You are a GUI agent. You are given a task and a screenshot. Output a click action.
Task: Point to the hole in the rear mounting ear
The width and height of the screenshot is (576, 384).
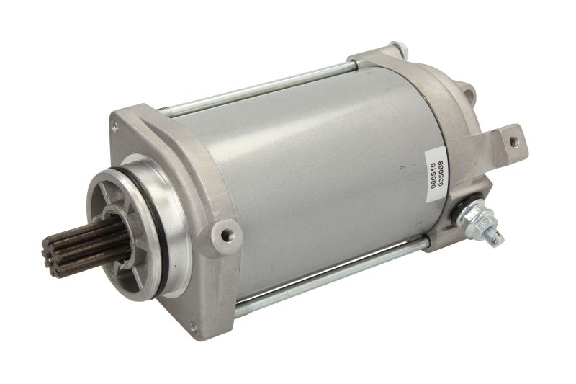coord(513,142)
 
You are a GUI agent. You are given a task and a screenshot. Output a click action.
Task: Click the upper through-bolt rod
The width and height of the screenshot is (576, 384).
coord(259,90)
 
